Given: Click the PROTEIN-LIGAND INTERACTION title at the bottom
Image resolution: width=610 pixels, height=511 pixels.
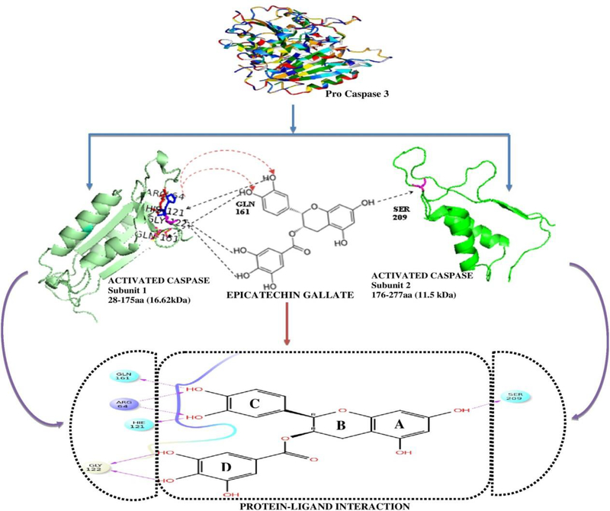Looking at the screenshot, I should (305, 505).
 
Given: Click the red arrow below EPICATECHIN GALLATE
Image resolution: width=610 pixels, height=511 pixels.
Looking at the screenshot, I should (285, 325).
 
